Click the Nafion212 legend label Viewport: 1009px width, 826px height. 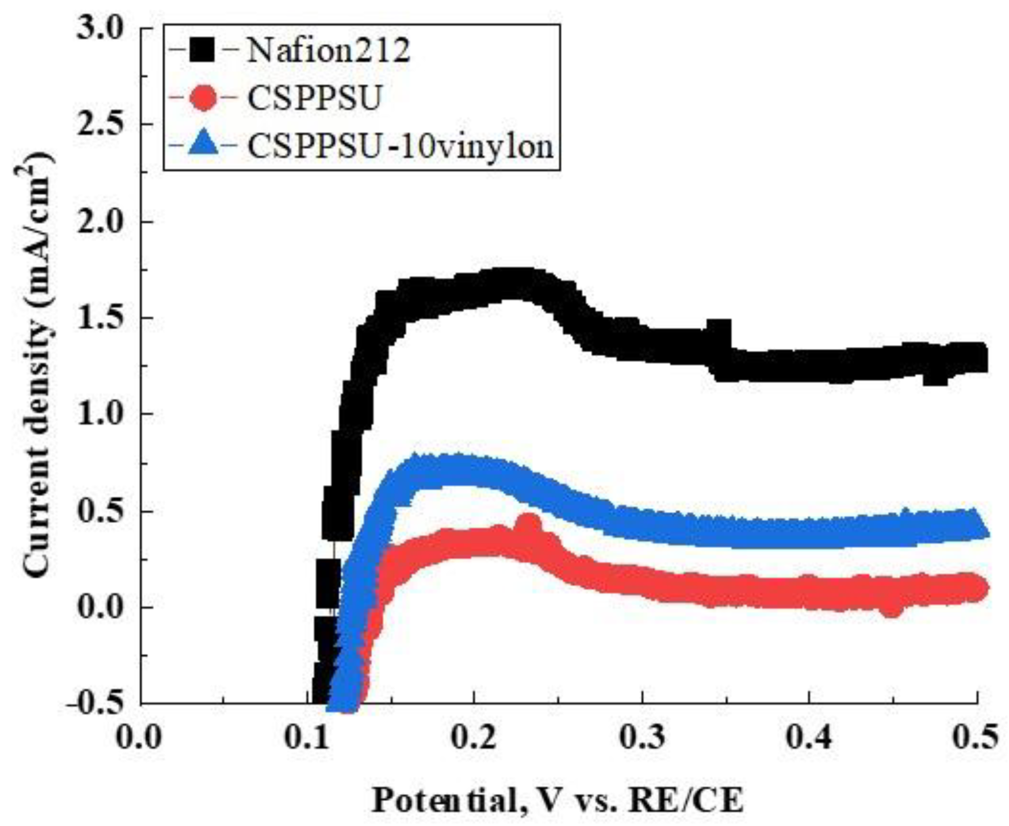point(328,51)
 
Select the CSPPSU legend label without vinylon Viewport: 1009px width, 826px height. point(314,98)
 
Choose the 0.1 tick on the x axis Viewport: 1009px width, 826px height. point(307,738)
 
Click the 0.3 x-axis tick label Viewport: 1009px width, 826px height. point(642,738)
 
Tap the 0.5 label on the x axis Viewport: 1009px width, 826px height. point(976,738)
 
